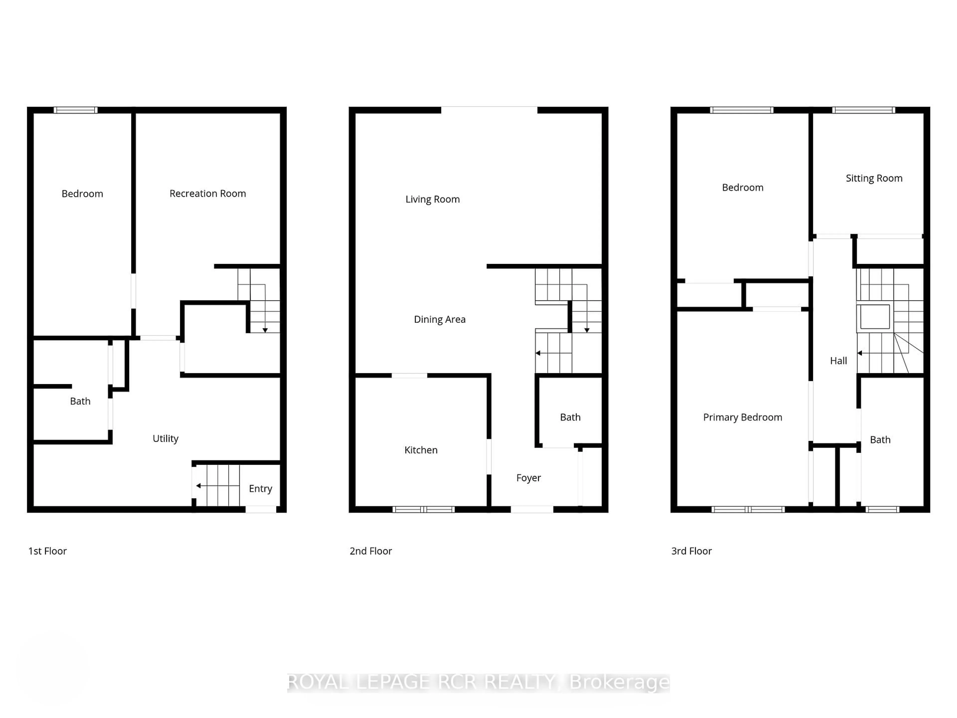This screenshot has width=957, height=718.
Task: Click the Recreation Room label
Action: coord(208,193)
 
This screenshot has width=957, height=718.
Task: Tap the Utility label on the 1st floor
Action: coord(165,439)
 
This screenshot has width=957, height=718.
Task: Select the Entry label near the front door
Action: coord(260,489)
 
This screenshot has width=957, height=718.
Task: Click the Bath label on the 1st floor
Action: coord(80,401)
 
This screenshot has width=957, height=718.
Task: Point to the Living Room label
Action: coord(432,199)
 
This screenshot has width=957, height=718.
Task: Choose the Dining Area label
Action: coord(440,319)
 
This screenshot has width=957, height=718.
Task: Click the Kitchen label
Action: coord(420,450)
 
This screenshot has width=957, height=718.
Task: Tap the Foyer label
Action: coord(528,478)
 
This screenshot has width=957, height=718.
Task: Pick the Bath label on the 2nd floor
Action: coord(570,417)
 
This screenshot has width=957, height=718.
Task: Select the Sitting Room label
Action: coord(874,178)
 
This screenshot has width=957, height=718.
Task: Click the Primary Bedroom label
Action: coord(742,417)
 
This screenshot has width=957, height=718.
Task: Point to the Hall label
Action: coord(838,361)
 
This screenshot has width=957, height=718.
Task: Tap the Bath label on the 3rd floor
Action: coord(880,440)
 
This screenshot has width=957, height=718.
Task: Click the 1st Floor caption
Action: coord(48,551)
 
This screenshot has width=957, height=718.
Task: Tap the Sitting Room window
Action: coord(864,110)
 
